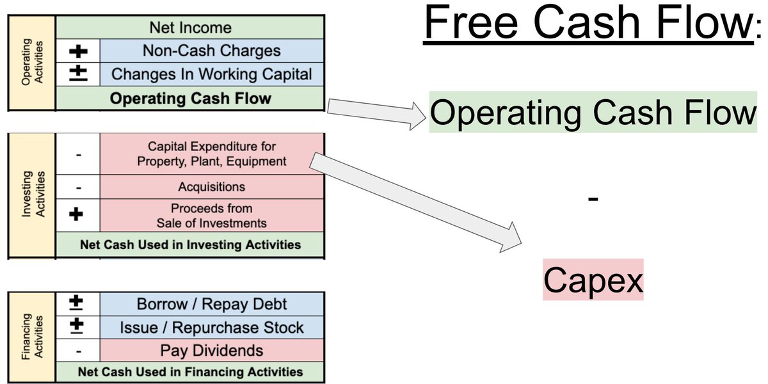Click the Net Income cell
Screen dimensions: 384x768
click(x=190, y=28)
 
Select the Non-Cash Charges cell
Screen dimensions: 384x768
click(x=211, y=51)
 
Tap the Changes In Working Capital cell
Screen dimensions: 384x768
click(x=211, y=74)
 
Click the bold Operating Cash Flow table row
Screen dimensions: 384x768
click(x=190, y=99)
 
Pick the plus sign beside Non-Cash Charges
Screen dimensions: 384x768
click(x=77, y=51)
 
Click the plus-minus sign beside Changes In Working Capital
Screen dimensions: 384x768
click(x=77, y=74)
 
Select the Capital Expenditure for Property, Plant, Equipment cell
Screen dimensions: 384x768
click(x=211, y=154)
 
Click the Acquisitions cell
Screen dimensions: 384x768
click(x=211, y=187)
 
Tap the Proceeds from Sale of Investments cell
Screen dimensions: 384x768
click(x=211, y=216)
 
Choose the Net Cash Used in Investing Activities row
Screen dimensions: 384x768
click(x=190, y=244)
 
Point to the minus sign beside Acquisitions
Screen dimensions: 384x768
click(x=77, y=187)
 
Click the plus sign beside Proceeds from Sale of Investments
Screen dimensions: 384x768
click(x=77, y=215)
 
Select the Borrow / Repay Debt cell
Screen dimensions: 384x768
click(x=211, y=304)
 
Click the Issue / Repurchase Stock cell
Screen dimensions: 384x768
click(x=211, y=328)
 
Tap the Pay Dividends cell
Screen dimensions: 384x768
click(x=211, y=351)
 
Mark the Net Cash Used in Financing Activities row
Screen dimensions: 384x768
click(x=190, y=372)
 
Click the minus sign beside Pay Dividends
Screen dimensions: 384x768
click(x=77, y=351)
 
